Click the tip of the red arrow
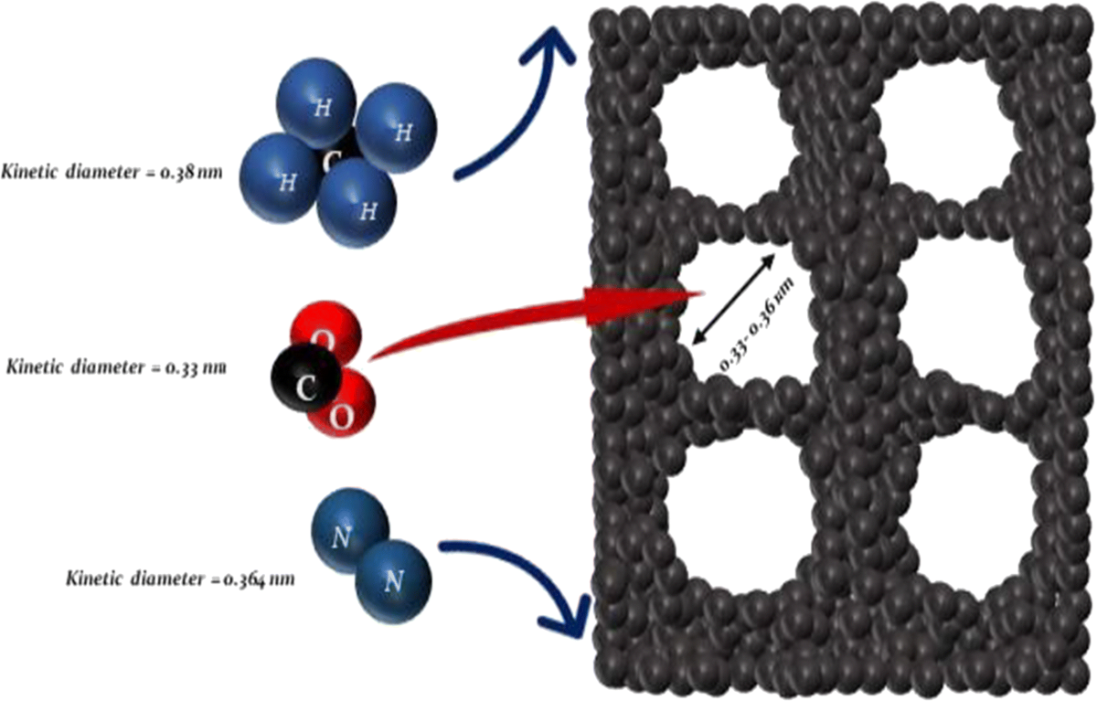[700, 293]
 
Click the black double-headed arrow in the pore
[734, 298]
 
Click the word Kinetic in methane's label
[30, 170]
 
